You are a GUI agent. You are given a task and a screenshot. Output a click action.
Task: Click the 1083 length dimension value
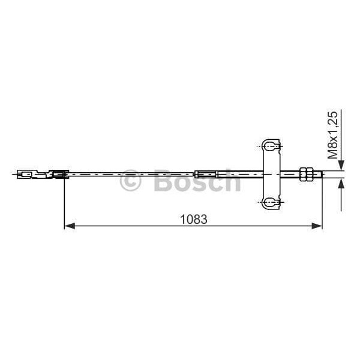(x=193, y=219)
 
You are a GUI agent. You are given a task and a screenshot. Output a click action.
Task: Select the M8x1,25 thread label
(x=333, y=134)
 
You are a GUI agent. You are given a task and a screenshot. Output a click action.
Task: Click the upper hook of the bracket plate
(x=270, y=145)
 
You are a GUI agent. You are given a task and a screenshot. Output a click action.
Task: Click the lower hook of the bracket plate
(x=270, y=202)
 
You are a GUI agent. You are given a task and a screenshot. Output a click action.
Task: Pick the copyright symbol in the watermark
(x=130, y=181)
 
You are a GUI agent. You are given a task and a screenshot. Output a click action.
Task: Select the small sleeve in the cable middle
(x=204, y=175)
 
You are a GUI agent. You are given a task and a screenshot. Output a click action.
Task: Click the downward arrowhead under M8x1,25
(x=341, y=166)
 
